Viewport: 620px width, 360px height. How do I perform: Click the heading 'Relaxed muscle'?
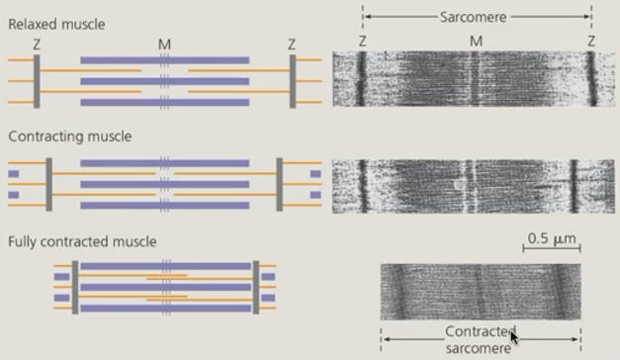[56, 23]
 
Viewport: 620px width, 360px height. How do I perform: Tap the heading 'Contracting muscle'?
[69, 135]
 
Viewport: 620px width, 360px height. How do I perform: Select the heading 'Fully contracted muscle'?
[82, 241]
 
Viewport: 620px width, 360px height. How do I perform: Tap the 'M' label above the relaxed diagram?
[164, 45]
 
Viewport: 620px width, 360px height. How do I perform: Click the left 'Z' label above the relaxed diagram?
[36, 45]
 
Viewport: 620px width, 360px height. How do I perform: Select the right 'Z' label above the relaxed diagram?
[292, 45]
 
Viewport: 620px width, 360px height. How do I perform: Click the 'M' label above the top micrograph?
[476, 41]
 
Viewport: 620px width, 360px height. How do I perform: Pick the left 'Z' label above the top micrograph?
[363, 41]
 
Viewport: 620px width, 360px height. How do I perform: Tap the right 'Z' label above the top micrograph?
[591, 41]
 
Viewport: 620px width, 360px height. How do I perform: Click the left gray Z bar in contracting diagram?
[48, 184]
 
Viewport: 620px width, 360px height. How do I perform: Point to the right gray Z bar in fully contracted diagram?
[255, 288]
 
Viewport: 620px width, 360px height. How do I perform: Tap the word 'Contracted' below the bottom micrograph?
[479, 332]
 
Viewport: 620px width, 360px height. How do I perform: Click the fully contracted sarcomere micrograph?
[481, 291]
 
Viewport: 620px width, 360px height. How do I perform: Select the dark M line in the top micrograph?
[477, 79]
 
